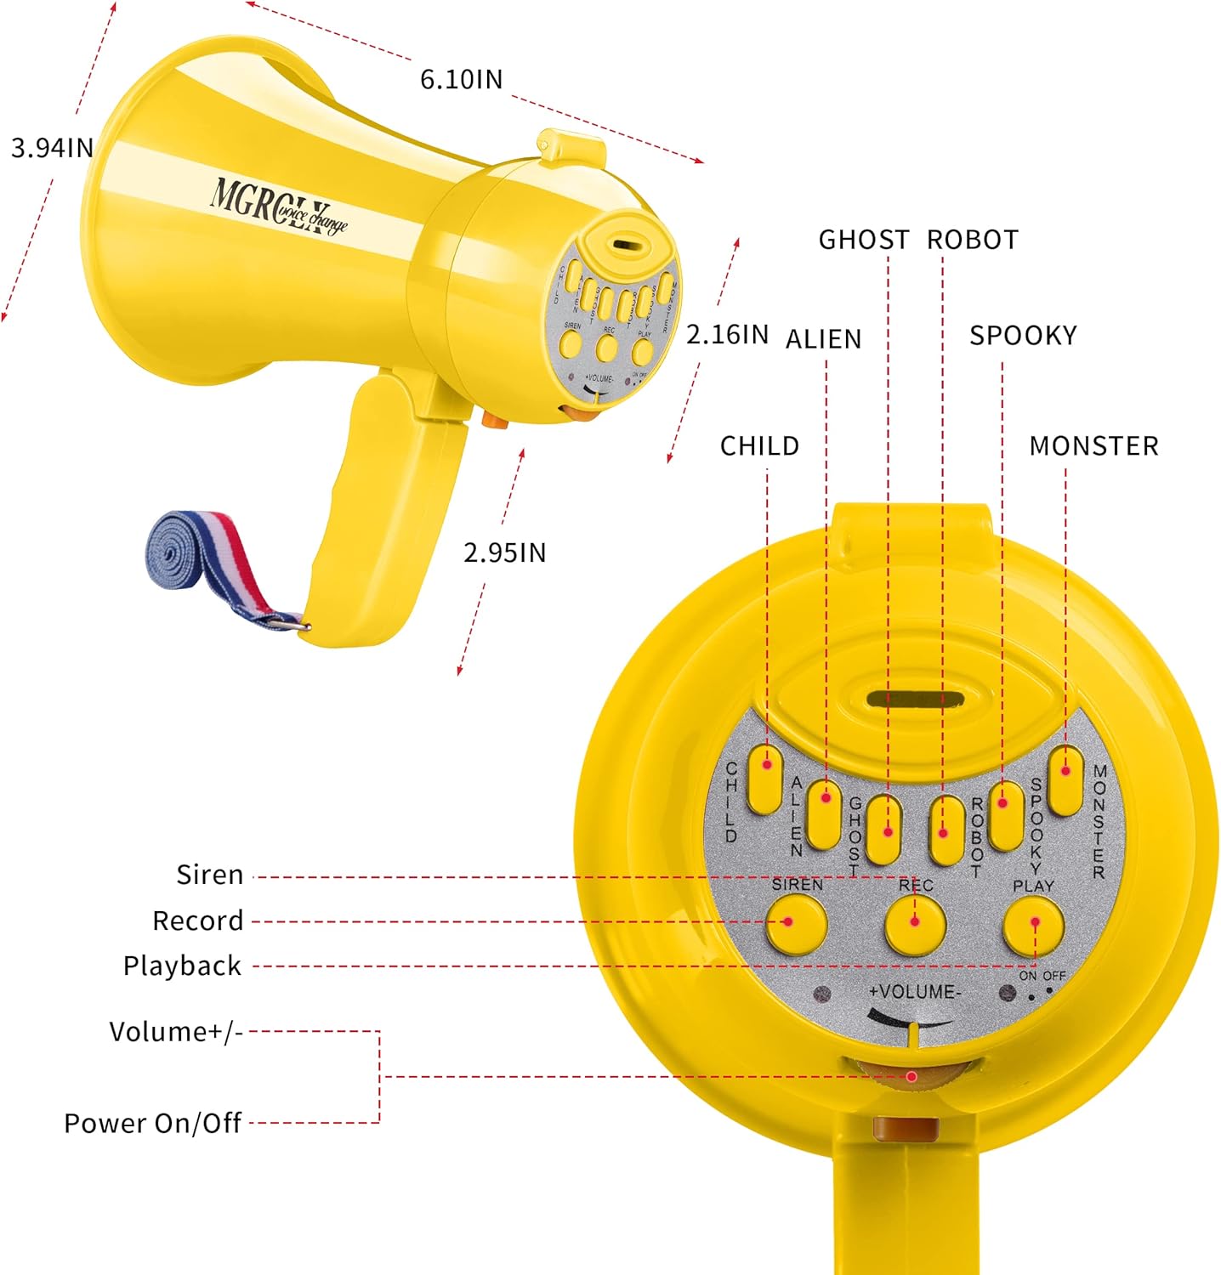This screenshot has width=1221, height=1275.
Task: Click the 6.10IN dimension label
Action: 462,79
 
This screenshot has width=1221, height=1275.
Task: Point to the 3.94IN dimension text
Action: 52,148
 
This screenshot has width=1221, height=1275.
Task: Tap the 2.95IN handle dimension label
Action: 504,552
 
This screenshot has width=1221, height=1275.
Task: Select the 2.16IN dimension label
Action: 727,334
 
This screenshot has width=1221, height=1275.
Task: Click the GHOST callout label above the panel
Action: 863,240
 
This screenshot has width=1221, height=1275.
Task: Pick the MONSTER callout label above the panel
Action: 1093,446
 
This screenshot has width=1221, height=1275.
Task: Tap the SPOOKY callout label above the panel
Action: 1023,336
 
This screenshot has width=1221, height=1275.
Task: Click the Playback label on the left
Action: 183,966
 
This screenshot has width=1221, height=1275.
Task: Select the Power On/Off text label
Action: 153,1123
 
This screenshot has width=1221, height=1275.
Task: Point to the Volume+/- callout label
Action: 176,1031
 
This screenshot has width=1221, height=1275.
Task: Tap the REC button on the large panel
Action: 915,923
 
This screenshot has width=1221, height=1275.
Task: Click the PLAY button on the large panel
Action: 1034,925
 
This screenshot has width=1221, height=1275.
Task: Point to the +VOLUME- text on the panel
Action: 915,992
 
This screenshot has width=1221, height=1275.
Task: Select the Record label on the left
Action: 198,921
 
